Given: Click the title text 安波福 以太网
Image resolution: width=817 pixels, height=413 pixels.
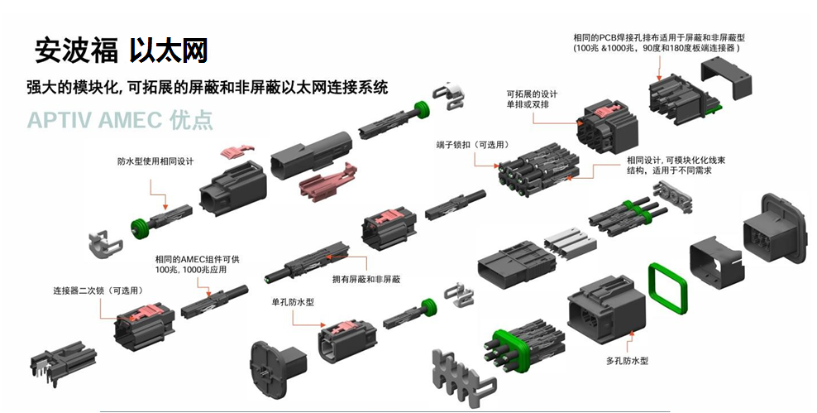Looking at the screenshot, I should [121, 51].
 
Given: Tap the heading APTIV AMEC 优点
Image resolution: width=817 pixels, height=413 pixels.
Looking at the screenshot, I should [120, 119].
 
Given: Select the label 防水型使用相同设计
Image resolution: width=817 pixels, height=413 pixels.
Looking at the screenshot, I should [155, 162].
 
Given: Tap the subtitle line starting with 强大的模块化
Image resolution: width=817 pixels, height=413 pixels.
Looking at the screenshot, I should [207, 87].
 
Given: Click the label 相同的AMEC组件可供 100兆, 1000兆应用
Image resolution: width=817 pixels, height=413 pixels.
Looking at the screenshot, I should [197, 265].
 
